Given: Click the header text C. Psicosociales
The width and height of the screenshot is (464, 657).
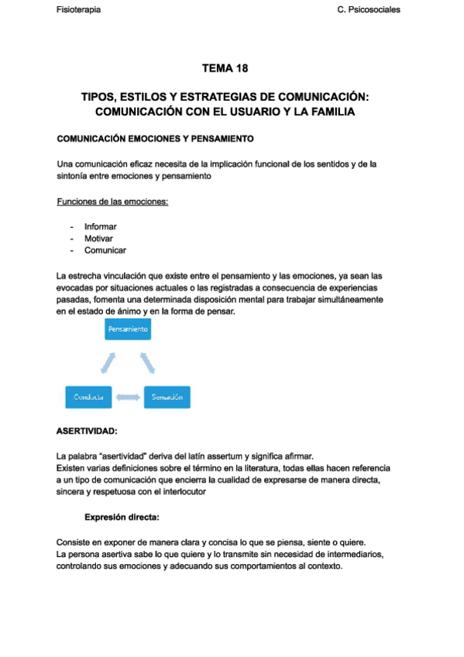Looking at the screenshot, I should coord(369,10).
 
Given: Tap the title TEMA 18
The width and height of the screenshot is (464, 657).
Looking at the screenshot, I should coord(225,69).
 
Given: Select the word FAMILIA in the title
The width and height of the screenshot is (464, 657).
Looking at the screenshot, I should coord(329,112).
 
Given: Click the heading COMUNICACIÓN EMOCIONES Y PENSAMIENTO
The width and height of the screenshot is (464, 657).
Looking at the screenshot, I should coord(156,139).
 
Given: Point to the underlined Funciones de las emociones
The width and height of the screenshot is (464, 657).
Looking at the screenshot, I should coord(113,202).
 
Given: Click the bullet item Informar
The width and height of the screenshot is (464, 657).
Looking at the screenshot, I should coord(101,227).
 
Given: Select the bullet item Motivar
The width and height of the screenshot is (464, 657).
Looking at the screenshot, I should coord(99,239).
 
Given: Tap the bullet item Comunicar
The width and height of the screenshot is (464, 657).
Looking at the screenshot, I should coord(105,250).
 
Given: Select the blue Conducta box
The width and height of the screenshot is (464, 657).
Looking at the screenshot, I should coord(89,397).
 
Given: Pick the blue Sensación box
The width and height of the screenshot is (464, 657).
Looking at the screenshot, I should coord(167,397).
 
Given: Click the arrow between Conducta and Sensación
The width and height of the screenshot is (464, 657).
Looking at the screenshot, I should coord(129,397).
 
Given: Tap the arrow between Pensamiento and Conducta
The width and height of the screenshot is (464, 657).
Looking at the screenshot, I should coord(107,363).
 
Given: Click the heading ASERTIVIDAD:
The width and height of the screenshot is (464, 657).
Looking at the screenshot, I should coord(88,431).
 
